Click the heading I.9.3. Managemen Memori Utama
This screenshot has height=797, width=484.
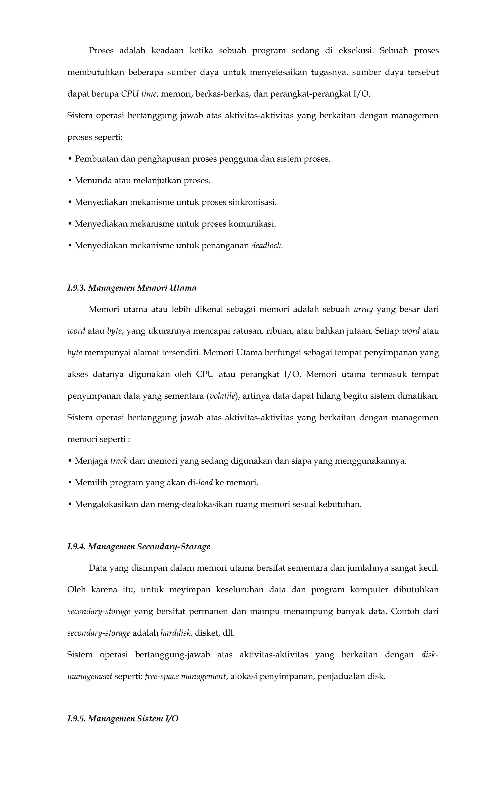coord(132,288)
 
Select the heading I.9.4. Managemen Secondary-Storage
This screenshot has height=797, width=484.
coord(138,547)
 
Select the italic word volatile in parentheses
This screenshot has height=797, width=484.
coord(222,396)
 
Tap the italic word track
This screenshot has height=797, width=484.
coord(119,461)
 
